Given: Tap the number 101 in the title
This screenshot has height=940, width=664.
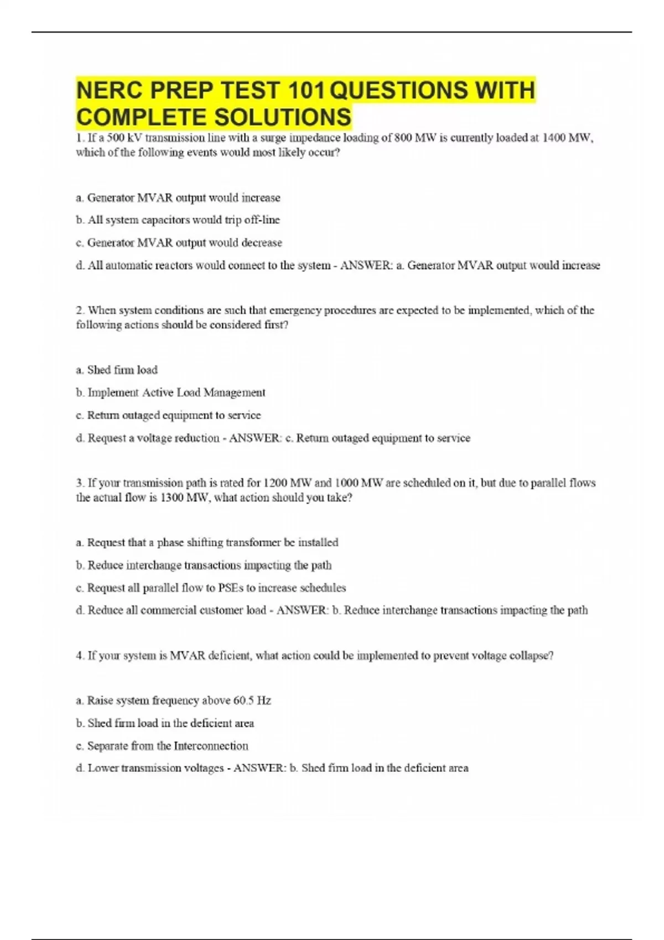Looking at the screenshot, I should coord(308,90).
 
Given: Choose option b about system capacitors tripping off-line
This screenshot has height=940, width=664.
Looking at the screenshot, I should coord(178,220).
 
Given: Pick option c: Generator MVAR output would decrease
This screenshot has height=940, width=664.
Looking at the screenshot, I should coord(179,243).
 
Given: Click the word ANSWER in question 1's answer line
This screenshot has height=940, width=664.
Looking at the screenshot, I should coord(365,265).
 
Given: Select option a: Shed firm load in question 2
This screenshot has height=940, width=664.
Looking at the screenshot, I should coord(117,370).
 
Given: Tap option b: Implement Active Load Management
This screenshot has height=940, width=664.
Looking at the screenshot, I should coord(170,393).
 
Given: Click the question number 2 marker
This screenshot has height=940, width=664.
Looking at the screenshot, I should coord(80,310).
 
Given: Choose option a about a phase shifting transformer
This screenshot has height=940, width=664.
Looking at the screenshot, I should coord(207,542).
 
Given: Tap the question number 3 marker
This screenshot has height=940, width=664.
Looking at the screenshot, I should coord(80,483).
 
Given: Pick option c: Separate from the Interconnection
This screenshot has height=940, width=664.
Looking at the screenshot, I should coord(162,746).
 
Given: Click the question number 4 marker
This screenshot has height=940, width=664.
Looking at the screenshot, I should coord(80,656).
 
